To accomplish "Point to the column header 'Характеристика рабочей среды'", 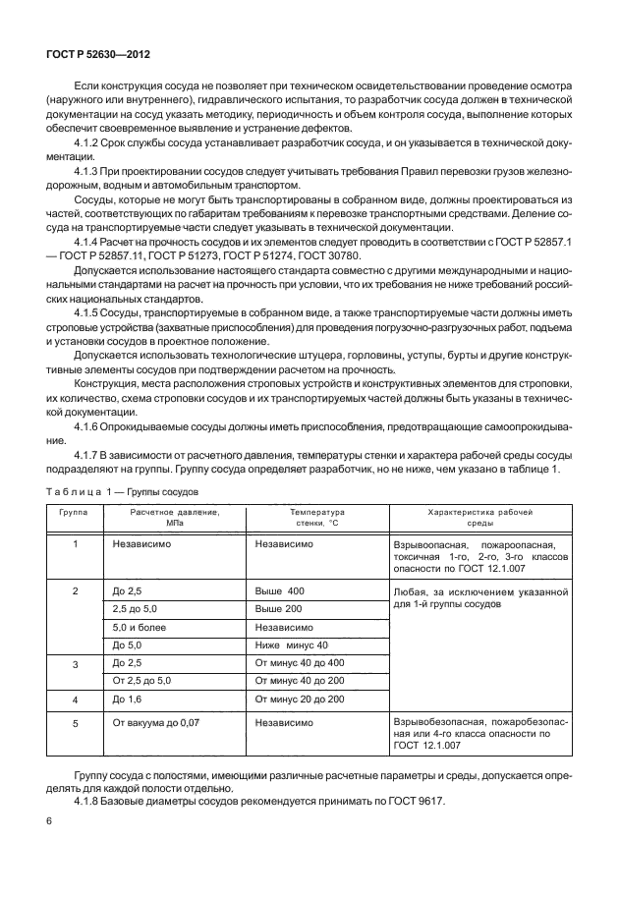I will (479, 518).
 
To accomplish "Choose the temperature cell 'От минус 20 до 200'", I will (300, 699).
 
